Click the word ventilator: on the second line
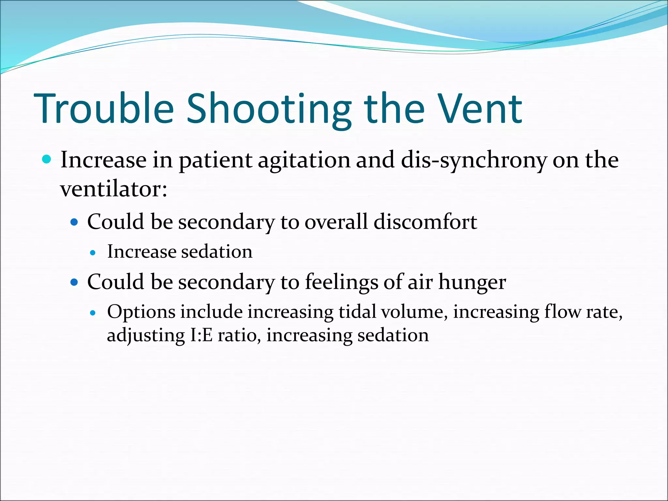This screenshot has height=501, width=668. (114, 189)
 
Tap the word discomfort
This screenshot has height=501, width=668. (425, 222)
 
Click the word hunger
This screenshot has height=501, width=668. (472, 282)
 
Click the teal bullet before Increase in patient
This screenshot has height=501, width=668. (47, 159)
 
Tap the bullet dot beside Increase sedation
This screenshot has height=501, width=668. (93, 252)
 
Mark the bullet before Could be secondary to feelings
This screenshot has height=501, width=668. (74, 282)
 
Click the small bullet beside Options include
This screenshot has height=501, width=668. (93, 313)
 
